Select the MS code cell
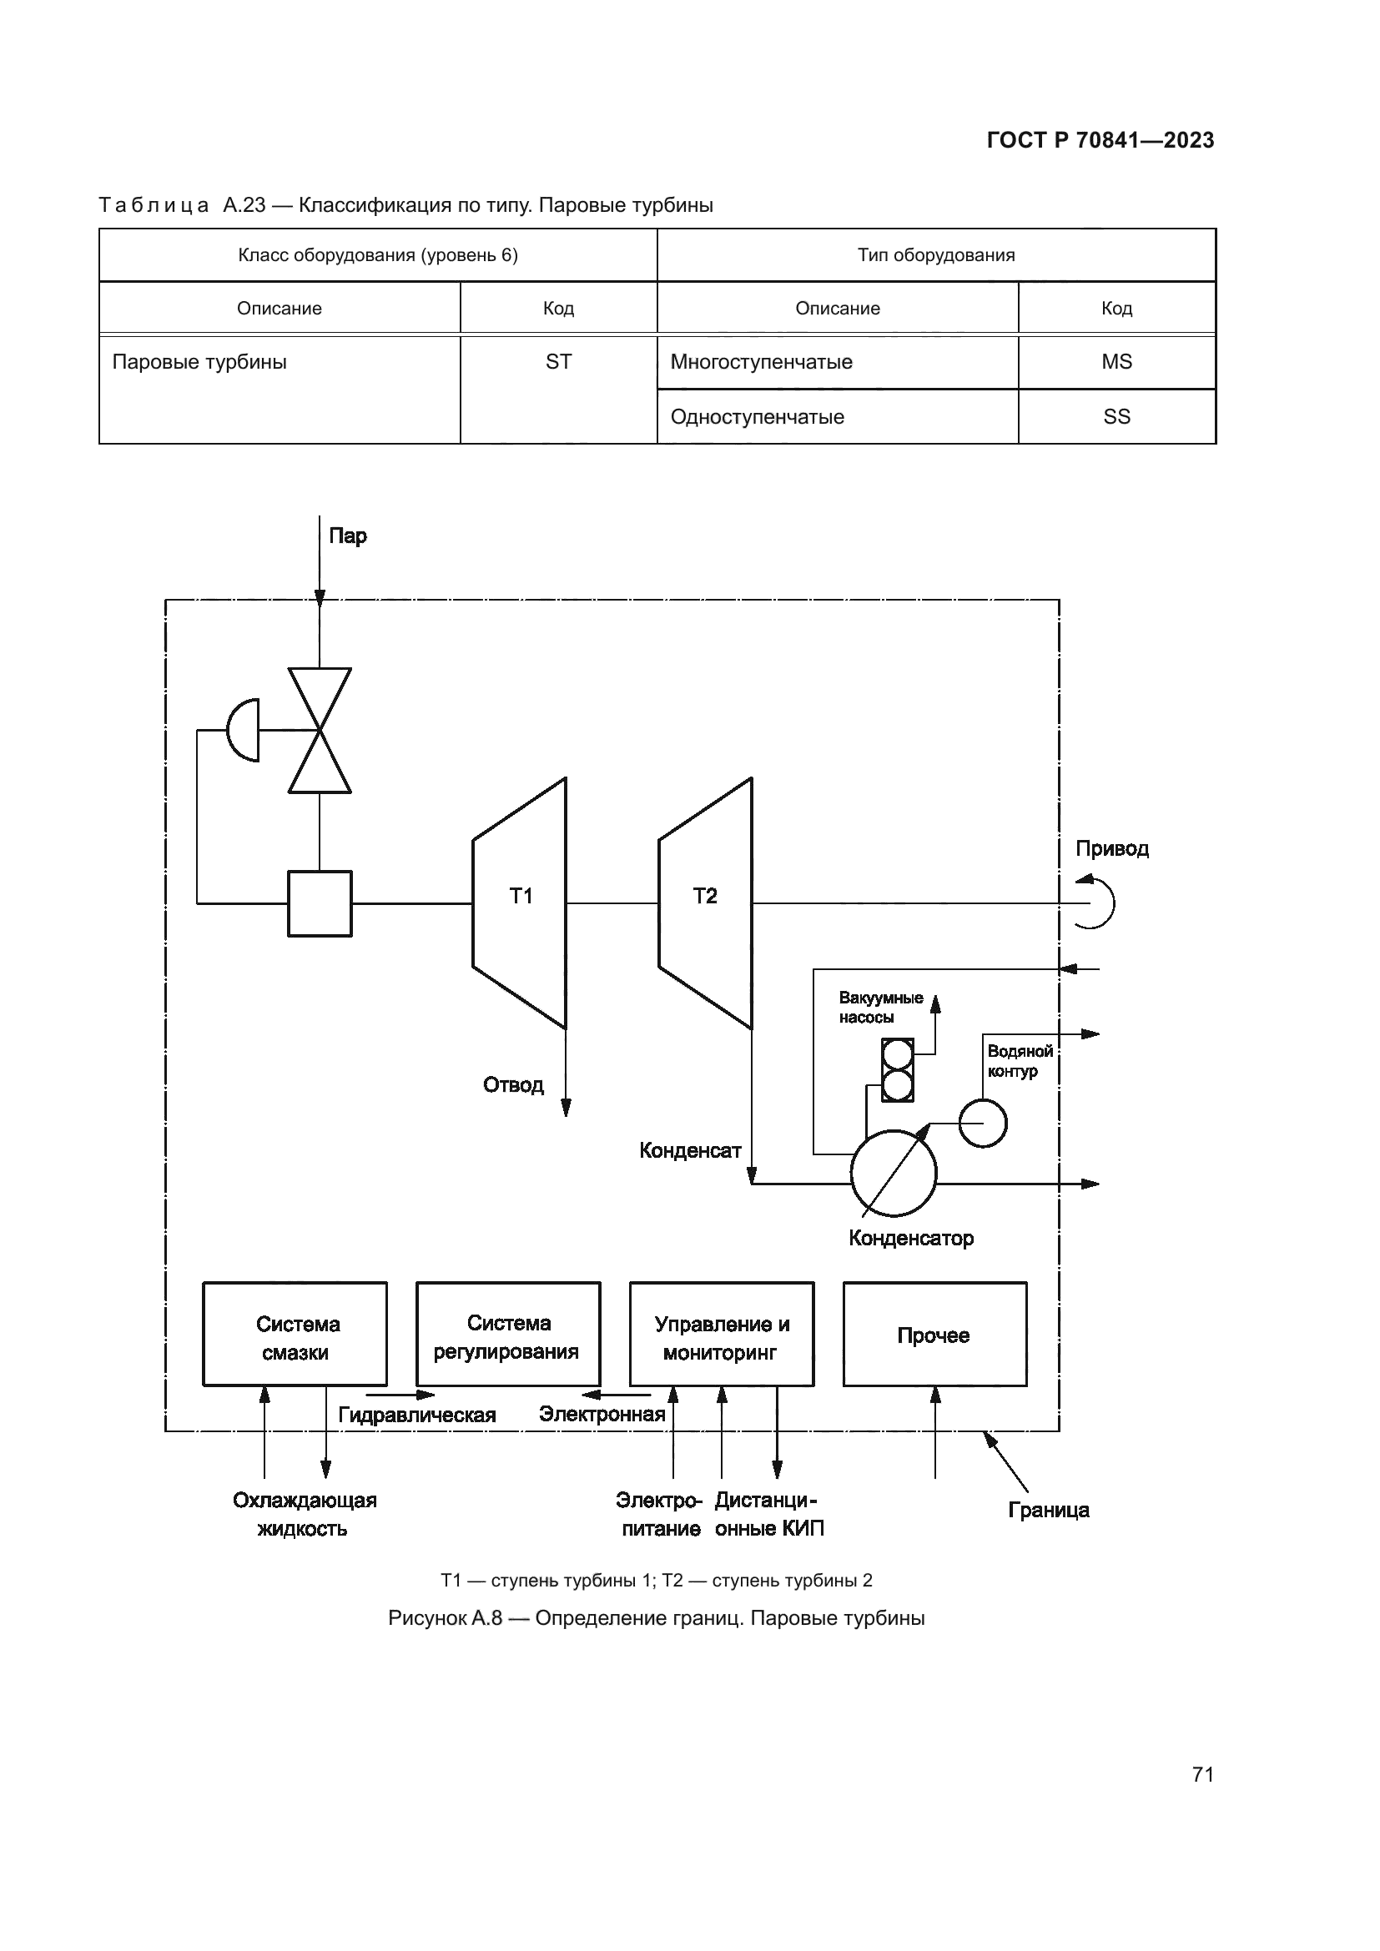pos(1116,362)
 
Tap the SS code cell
pos(1116,416)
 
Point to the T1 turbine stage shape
pos(520,903)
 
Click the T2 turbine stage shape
pos(705,903)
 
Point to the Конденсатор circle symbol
pos(893,1174)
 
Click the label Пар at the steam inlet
pos(348,536)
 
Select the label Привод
pos(1111,849)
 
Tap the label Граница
pos(1049,1510)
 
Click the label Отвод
pos(513,1085)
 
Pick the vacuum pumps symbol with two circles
pos(898,1070)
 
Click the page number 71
pos(1202,1774)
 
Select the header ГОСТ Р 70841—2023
pos(1100,140)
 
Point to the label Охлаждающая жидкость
pos(305,1514)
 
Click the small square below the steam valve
pos(320,903)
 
